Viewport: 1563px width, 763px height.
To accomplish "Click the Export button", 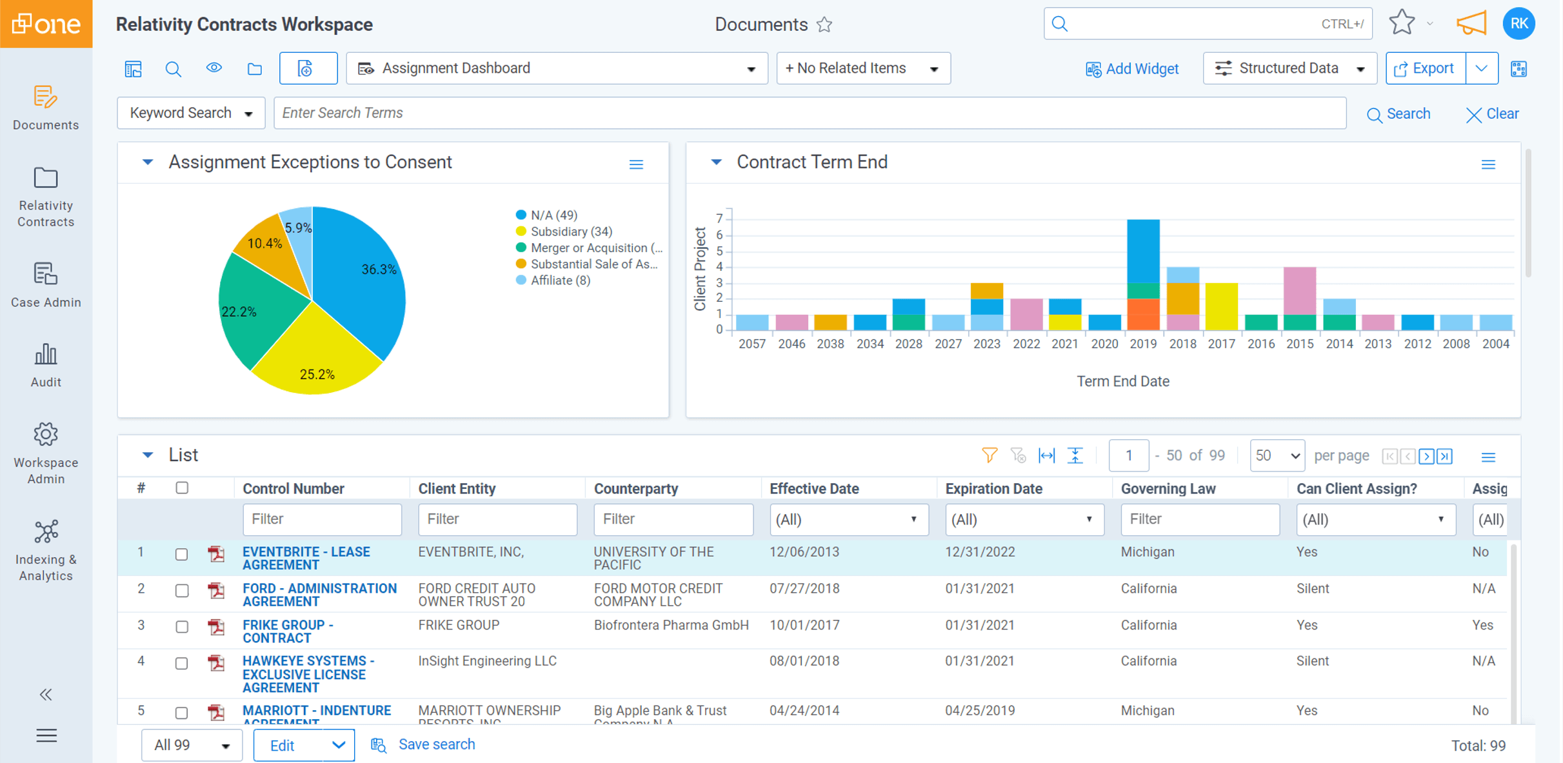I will [1425, 68].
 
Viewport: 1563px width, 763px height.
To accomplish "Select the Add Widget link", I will [1132, 69].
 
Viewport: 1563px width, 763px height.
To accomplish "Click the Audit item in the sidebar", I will [46, 365].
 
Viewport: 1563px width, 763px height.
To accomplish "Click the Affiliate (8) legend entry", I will [559, 281].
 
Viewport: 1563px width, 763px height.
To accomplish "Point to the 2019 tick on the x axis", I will [1143, 344].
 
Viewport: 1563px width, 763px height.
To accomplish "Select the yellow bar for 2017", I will [1221, 306].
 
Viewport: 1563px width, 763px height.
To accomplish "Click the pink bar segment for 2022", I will [1026, 314].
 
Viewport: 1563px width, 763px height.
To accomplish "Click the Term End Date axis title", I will [1122, 381].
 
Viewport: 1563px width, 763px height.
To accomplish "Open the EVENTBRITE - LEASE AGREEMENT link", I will [306, 558].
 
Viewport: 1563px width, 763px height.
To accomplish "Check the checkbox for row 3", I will [182, 626].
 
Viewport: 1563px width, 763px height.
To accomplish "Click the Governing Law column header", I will [1168, 489].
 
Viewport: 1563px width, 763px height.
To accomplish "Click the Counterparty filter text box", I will [673, 519].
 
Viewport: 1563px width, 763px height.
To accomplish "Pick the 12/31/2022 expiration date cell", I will [980, 552].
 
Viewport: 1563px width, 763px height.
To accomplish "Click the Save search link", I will [436, 744].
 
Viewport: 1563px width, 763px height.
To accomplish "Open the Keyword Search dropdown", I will [191, 113].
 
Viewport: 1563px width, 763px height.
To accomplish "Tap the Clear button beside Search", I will [1492, 114].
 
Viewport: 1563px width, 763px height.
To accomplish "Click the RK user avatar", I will [1518, 24].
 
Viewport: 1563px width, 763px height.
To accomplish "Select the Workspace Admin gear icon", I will [46, 435].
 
